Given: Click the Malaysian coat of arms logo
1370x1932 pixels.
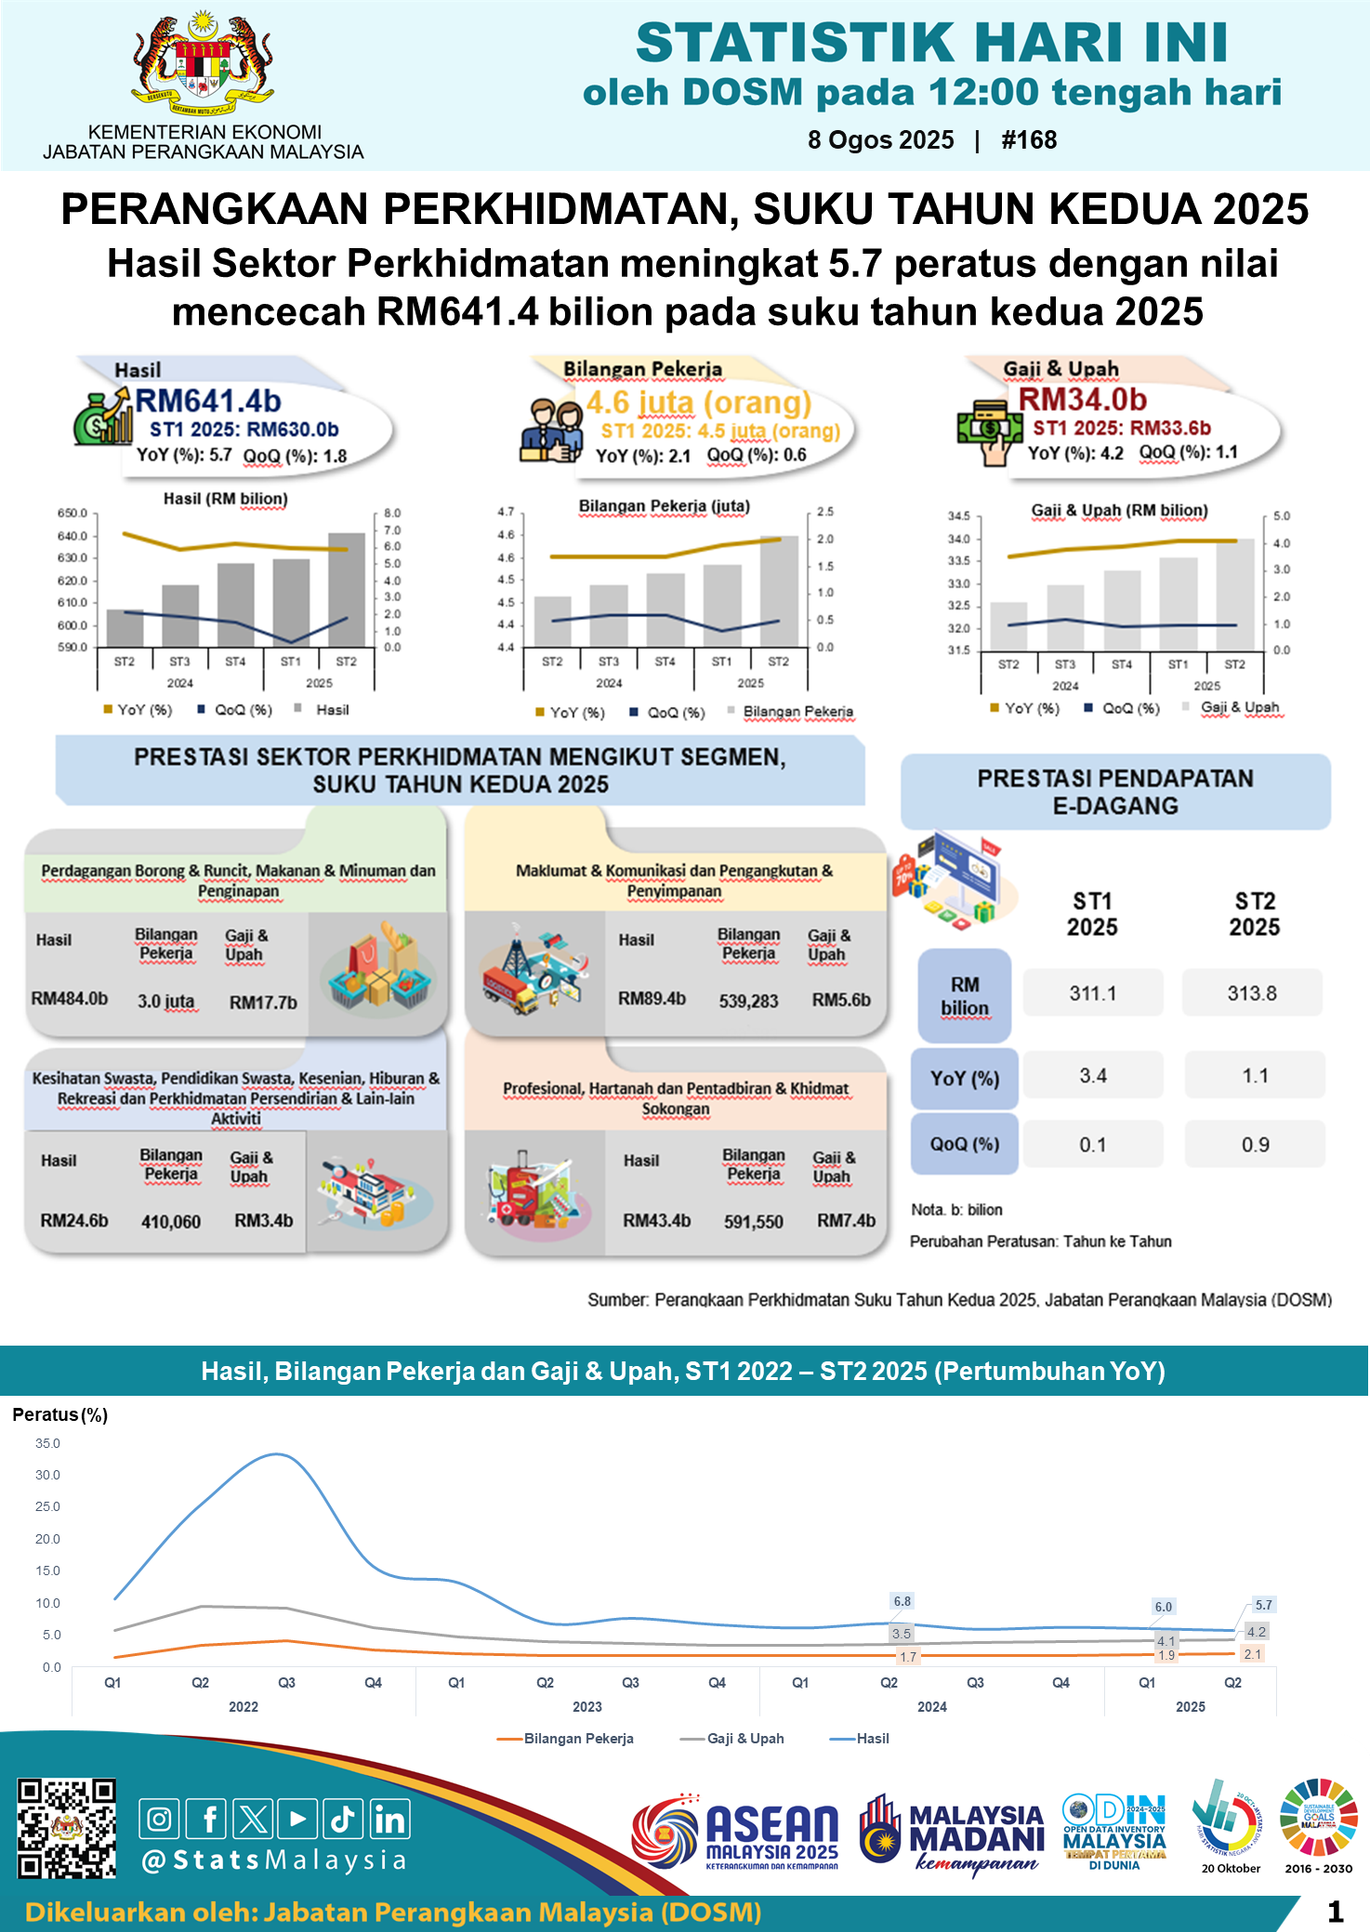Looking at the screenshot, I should [x=203, y=63].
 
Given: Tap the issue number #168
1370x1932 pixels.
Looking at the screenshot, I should [x=1029, y=140].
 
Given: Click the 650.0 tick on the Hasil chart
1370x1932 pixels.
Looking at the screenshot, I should [x=72, y=513].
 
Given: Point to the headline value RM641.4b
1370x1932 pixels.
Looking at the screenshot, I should [x=208, y=401].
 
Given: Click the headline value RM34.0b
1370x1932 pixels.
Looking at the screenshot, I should [x=1083, y=399].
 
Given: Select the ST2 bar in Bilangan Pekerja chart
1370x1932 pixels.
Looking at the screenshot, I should [x=779, y=591].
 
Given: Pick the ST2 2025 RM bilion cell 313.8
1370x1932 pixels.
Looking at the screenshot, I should [x=1251, y=992].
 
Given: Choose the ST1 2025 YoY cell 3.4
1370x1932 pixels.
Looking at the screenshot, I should [x=1092, y=1075].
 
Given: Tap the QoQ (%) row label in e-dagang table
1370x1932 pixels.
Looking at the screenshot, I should [x=964, y=1144].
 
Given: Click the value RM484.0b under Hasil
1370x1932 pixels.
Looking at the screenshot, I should [x=70, y=999].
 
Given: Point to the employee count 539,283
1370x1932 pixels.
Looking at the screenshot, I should [x=748, y=1001].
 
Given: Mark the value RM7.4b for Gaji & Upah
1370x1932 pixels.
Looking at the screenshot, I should [x=846, y=1220].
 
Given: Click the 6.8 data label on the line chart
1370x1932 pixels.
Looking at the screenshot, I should [x=902, y=1601].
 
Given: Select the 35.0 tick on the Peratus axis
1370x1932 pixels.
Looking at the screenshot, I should [x=47, y=1443].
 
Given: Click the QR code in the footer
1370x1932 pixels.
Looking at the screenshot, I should [x=67, y=1828].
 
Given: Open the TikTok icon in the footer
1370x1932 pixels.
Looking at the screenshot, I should [x=343, y=1819].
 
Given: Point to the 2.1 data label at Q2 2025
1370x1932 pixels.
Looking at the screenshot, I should [x=1252, y=1654].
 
